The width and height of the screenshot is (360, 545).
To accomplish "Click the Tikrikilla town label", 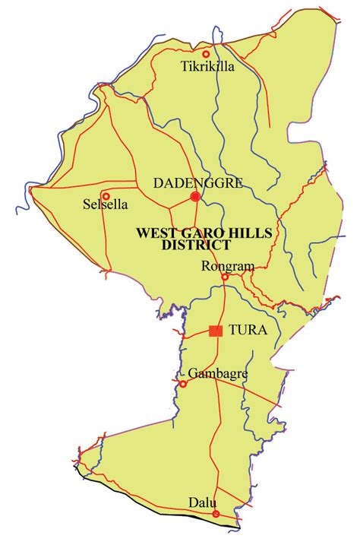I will pos(207,67).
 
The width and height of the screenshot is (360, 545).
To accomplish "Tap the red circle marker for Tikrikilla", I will pos(205,53).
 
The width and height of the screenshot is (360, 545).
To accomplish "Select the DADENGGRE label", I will pos(187,183).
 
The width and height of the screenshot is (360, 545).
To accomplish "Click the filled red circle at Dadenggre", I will pos(195,197).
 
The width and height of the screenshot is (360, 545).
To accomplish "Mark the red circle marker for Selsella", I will pos(106,195).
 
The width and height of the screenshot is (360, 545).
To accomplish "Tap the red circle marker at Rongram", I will pos(224,277).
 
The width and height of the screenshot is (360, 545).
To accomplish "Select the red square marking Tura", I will pos(216,331).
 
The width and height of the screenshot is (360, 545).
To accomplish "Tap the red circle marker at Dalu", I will pos(216,515).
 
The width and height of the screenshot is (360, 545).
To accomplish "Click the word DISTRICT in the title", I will pos(196,245).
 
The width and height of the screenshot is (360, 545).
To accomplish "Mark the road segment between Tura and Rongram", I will pos(222,304).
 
